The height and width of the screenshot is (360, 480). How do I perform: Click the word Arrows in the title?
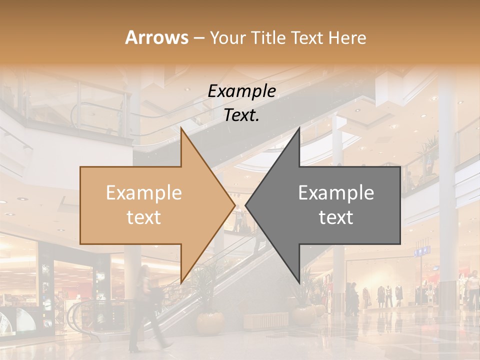point(157,37)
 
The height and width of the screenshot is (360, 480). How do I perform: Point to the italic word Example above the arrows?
point(241,91)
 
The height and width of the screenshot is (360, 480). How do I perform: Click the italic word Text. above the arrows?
point(241,115)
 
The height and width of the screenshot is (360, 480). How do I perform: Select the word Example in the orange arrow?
point(144,193)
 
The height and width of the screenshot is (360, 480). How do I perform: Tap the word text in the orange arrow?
point(144,217)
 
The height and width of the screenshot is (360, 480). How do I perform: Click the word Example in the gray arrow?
point(336,193)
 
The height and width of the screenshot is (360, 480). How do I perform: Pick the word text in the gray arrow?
point(336,217)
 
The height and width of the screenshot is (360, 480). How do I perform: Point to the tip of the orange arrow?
point(234,205)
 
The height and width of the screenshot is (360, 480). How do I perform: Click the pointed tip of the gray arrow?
point(246,205)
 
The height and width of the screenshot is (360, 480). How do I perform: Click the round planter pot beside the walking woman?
point(210,322)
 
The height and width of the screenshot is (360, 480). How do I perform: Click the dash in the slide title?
point(198,38)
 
